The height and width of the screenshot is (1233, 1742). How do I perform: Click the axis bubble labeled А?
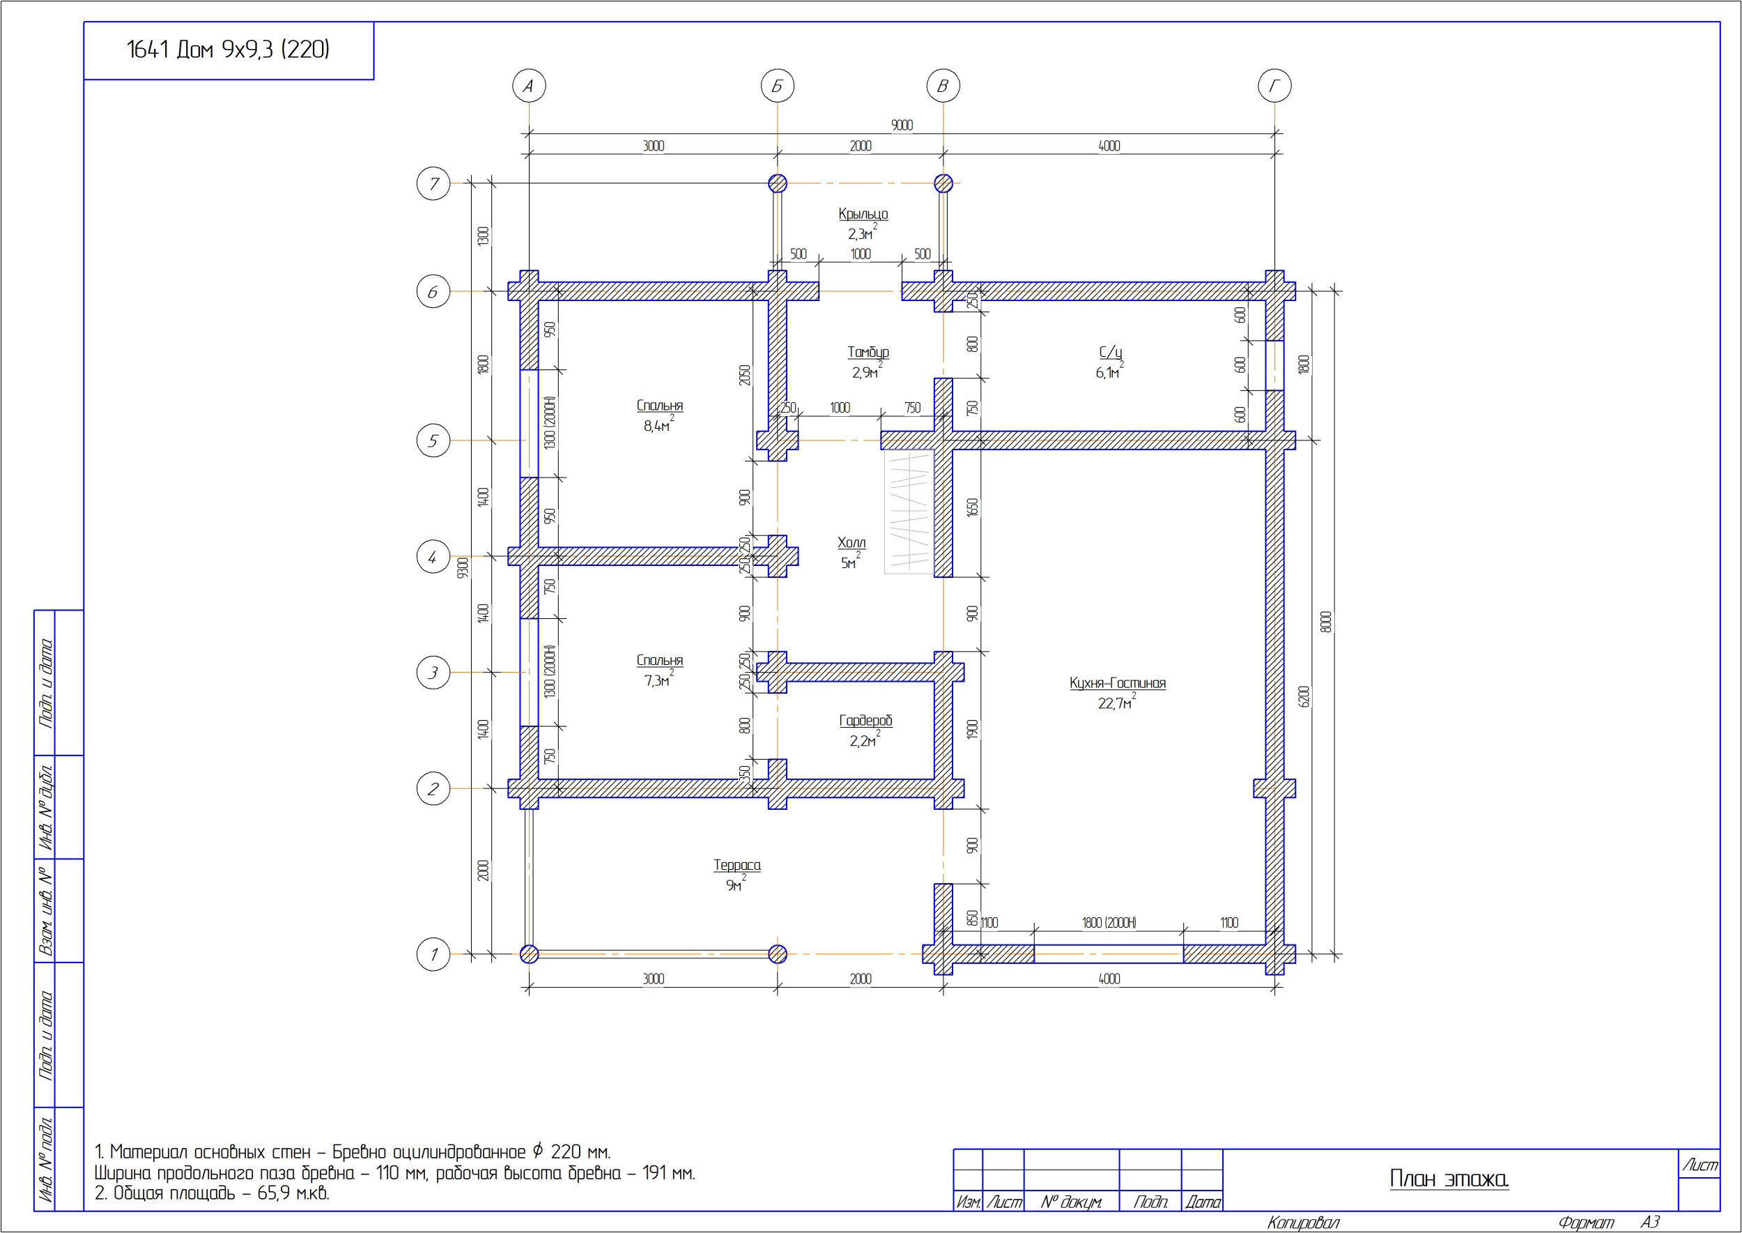pos(528,86)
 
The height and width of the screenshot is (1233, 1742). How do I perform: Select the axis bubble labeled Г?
pos(1274,86)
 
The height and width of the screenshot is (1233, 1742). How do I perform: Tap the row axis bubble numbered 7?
pos(433,184)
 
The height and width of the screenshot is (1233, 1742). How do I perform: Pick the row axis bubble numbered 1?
pos(433,954)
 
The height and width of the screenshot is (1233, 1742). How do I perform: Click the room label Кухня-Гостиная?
pos(1117,682)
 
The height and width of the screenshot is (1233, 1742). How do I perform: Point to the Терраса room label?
pos(737,865)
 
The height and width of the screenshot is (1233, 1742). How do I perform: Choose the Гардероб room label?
pos(865,721)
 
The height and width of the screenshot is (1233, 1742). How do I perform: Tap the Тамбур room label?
pos(868,352)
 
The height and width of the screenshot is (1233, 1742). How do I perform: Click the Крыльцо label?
pos(863,214)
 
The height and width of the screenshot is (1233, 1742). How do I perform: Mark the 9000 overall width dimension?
pos(902,125)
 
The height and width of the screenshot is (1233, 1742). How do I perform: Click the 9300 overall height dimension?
pos(463,567)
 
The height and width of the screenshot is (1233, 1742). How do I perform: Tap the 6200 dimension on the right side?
pos(1304,696)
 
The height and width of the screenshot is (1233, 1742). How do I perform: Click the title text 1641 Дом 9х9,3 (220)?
pos(228,50)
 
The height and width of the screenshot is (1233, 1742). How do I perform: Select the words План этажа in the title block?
pos(1448,1179)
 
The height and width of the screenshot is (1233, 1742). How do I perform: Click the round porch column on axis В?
pos(943,184)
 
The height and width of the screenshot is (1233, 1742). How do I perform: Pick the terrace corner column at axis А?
pos(529,954)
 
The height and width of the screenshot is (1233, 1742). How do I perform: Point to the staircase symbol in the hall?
pos(909,512)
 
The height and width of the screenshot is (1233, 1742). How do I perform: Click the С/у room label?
pos(1111,352)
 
